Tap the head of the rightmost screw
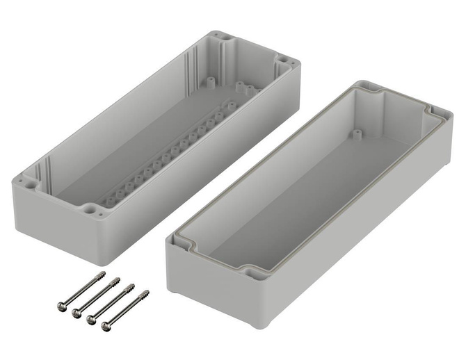[x=106, y=325]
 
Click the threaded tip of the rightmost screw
[x=145, y=293]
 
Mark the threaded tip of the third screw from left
[x=132, y=286]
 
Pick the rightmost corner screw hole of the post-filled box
[x=284, y=61]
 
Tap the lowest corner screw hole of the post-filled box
[x=90, y=208]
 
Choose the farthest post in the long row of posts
[x=232, y=106]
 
